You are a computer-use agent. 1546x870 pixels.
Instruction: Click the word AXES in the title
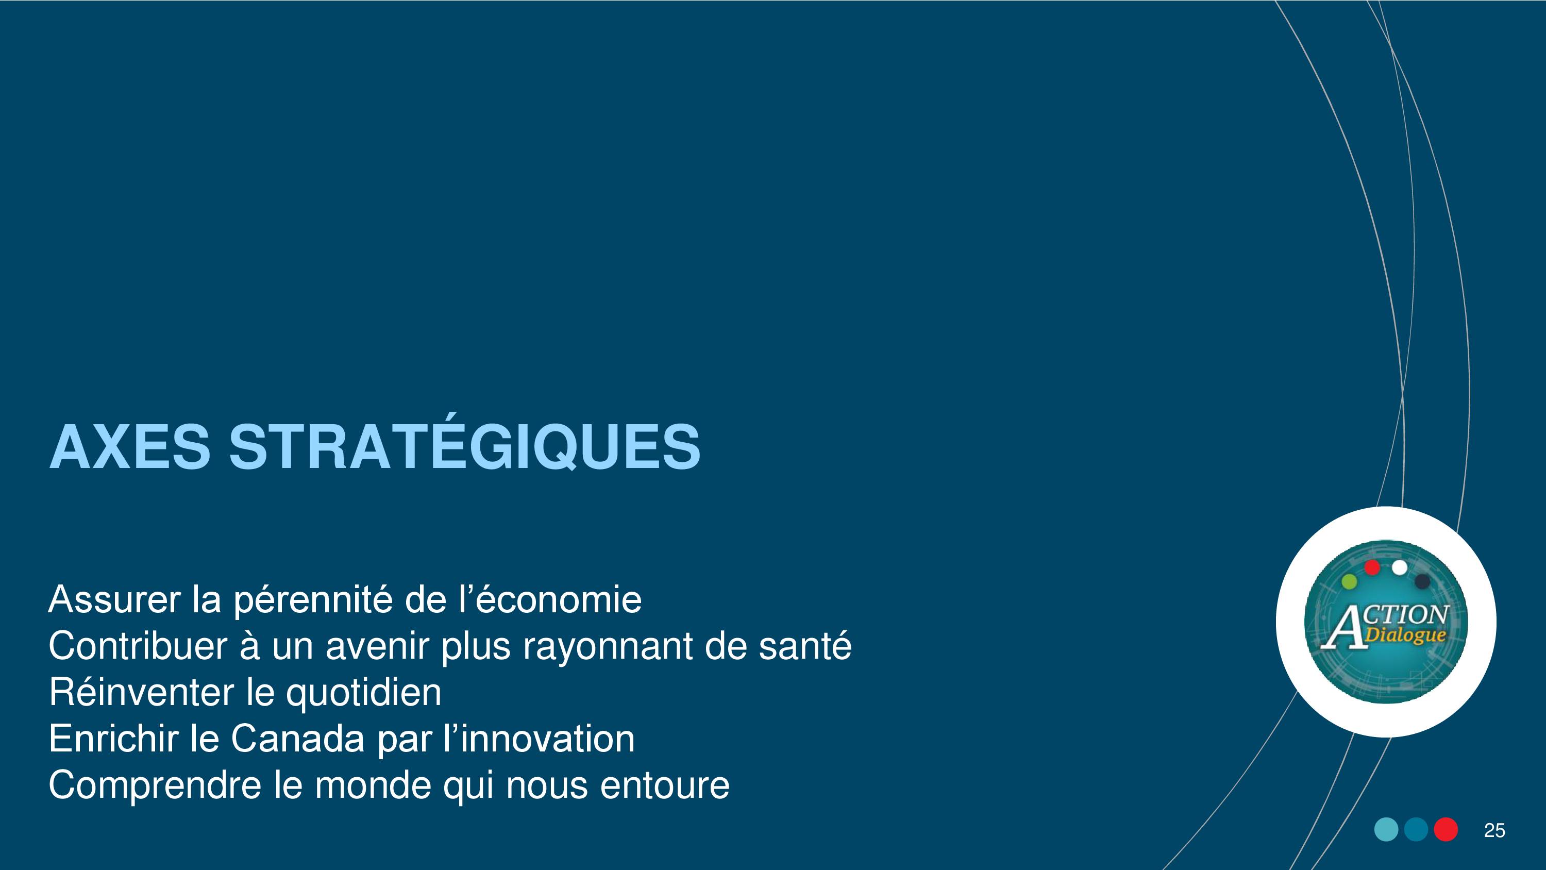(130, 447)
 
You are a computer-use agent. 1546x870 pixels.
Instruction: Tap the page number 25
(1494, 830)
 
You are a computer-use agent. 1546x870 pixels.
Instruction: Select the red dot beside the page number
(1446, 830)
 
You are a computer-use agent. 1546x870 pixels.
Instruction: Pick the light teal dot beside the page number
(1386, 830)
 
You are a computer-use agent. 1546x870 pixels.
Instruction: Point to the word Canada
(298, 739)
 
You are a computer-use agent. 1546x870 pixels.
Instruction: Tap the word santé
(805, 646)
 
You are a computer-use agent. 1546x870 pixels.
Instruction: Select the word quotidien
(364, 692)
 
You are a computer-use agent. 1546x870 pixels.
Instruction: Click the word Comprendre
(155, 786)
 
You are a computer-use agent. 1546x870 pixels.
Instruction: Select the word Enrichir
(113, 739)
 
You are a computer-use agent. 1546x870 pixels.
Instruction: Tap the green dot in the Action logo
(1349, 581)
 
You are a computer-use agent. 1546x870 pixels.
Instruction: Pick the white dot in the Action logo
(1400, 567)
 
